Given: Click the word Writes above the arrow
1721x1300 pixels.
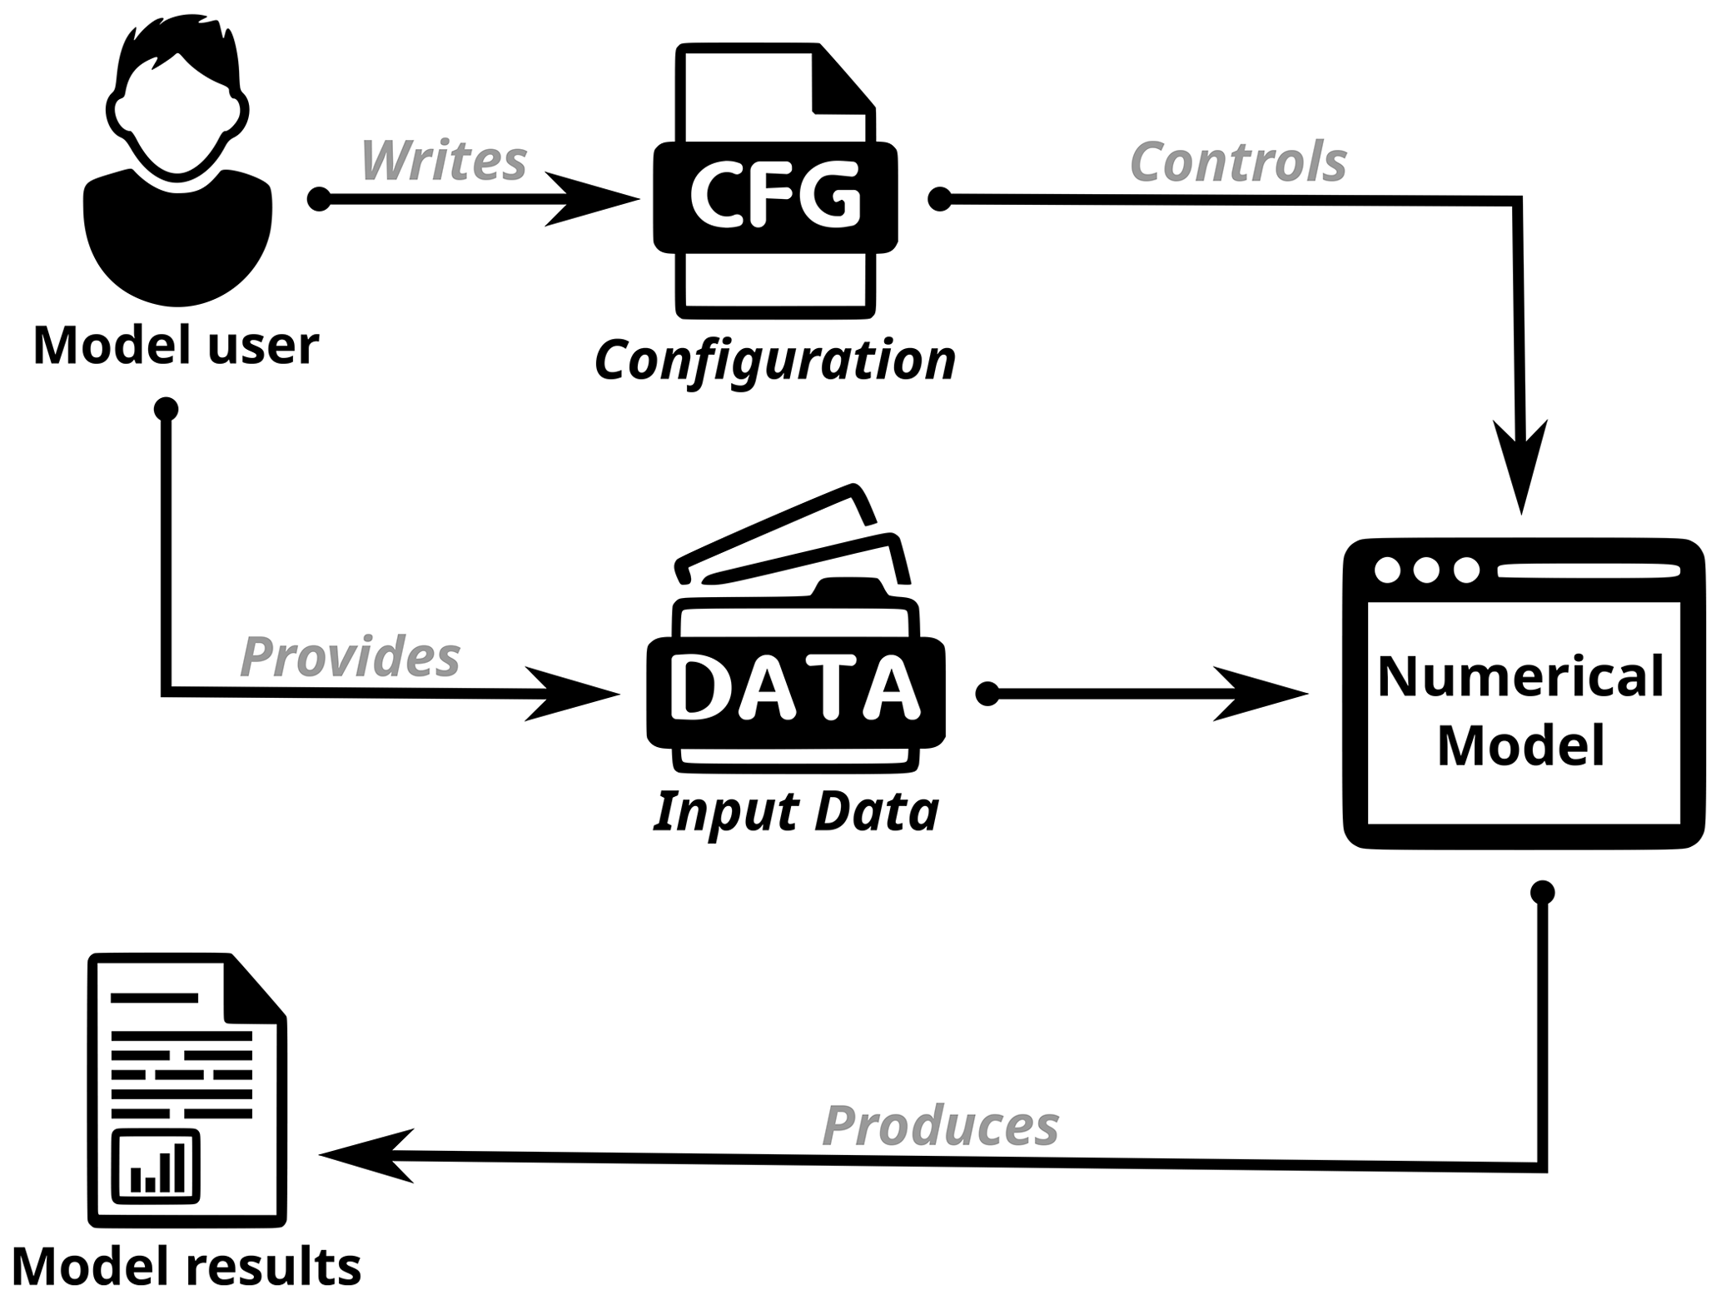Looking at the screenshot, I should click(444, 161).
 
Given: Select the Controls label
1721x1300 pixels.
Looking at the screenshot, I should click(1238, 162).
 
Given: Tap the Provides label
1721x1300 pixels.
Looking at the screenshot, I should click(350, 657).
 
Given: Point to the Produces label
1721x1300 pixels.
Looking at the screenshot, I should click(940, 1126).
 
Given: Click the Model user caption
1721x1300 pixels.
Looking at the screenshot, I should click(176, 345).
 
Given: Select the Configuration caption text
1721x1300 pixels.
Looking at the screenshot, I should click(775, 361).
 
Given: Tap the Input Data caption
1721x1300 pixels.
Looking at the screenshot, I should click(796, 811).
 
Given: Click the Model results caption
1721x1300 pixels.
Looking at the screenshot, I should click(186, 1267).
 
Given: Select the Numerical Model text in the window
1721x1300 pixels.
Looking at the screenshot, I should click(1520, 710).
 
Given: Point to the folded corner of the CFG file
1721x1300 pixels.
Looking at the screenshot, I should click(841, 82).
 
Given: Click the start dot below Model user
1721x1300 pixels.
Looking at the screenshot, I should click(167, 409).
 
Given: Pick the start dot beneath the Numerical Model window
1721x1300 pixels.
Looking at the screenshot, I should click(1542, 893).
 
